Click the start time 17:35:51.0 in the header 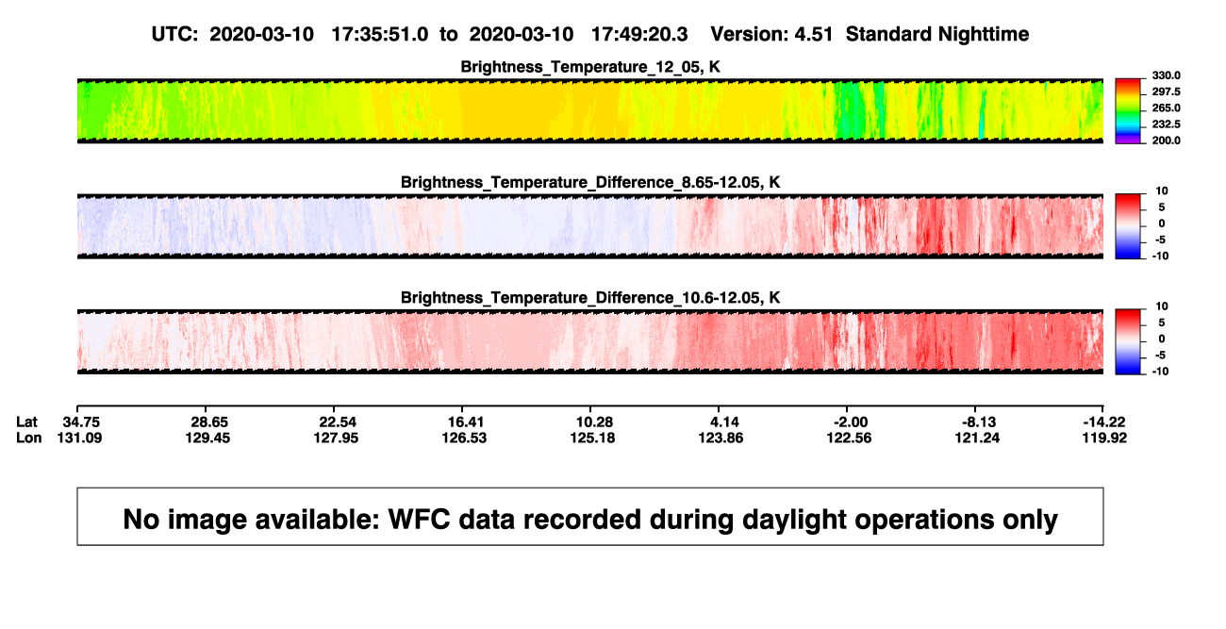[x=380, y=34]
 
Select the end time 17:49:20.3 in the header [x=639, y=34]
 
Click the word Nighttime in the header [x=983, y=35]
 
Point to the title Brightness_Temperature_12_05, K [x=590, y=67]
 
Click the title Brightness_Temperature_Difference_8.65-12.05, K [x=590, y=182]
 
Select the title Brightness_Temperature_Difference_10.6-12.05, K [x=590, y=298]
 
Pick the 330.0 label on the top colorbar [x=1166, y=75]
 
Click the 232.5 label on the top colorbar [x=1166, y=124]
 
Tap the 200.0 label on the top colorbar [x=1166, y=141]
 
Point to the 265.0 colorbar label [x=1166, y=108]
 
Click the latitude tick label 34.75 [x=81, y=422]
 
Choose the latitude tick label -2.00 [x=851, y=422]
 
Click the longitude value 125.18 [x=592, y=438]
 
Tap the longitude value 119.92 [x=1104, y=438]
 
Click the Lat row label [x=26, y=422]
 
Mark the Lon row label [x=28, y=438]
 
